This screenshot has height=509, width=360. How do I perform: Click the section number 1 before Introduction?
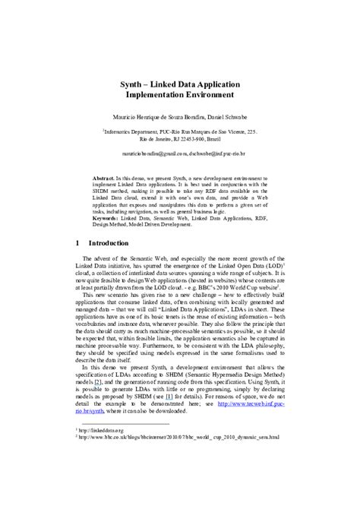point(79,244)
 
